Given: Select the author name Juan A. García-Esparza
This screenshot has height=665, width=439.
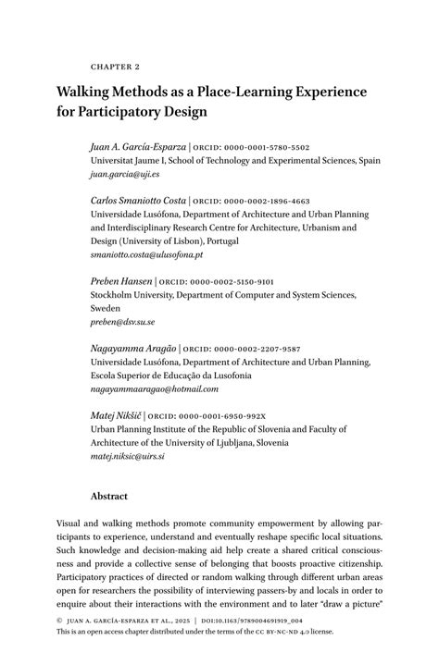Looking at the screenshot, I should coord(137,147).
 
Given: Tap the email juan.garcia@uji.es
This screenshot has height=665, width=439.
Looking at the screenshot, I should coord(125,173).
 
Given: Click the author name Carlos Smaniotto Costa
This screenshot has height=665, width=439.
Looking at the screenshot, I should coord(138,201).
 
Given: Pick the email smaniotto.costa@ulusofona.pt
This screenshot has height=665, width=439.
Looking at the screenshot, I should coord(146,253).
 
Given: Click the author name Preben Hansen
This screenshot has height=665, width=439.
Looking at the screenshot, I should coord(120,281).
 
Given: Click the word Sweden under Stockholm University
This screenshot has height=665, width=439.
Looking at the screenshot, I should coord(106,308).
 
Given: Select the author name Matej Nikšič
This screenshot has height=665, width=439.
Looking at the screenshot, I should coord(117,416).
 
